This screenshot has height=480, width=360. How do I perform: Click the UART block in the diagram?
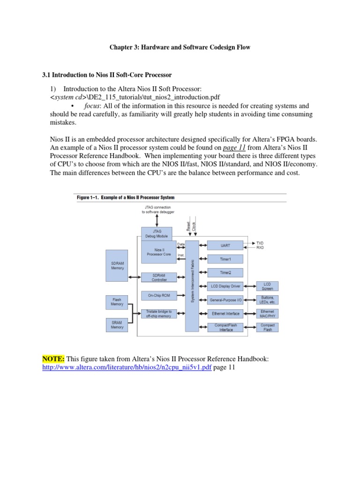pyautogui.click(x=225, y=245)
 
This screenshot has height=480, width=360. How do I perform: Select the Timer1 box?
pyautogui.click(x=225, y=259)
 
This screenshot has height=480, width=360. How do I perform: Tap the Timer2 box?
pyautogui.click(x=225, y=272)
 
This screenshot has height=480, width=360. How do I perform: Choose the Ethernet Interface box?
pyautogui.click(x=225, y=314)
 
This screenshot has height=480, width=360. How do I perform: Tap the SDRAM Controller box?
pyautogui.click(x=159, y=277)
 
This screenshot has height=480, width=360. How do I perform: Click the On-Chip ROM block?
pyautogui.click(x=159, y=295)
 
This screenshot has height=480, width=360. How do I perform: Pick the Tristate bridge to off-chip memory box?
pyautogui.click(x=159, y=314)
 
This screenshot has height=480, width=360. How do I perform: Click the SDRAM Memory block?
pyautogui.click(x=118, y=265)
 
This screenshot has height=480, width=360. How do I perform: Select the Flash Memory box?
pyautogui.click(x=117, y=301)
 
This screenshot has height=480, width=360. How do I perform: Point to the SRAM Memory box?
pyautogui.click(x=117, y=324)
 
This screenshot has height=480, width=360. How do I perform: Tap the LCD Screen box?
pyautogui.click(x=267, y=286)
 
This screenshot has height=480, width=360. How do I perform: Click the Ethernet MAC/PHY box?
pyautogui.click(x=267, y=314)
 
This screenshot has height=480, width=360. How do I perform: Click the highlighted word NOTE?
pyautogui.click(x=53, y=359)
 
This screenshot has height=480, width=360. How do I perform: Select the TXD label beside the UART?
pyautogui.click(x=260, y=243)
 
